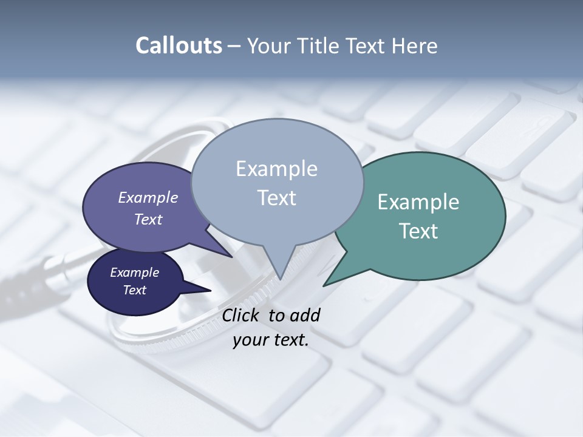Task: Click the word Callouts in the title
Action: pos(179,46)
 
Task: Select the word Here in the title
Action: pos(416,46)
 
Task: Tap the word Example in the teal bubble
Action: pos(418,202)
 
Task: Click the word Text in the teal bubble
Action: pos(418,231)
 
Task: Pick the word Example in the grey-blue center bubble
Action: pos(276,169)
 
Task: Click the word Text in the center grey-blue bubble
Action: pos(276,198)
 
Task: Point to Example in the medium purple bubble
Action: pos(148,198)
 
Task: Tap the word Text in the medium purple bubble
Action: pos(148,219)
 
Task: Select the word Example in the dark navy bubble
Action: pos(134,273)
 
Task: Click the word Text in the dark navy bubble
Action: pos(134,290)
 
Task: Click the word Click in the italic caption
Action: pos(242,315)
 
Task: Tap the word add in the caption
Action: pos(304,315)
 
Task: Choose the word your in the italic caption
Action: pos(250,340)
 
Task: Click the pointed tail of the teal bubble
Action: pos(327,283)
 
